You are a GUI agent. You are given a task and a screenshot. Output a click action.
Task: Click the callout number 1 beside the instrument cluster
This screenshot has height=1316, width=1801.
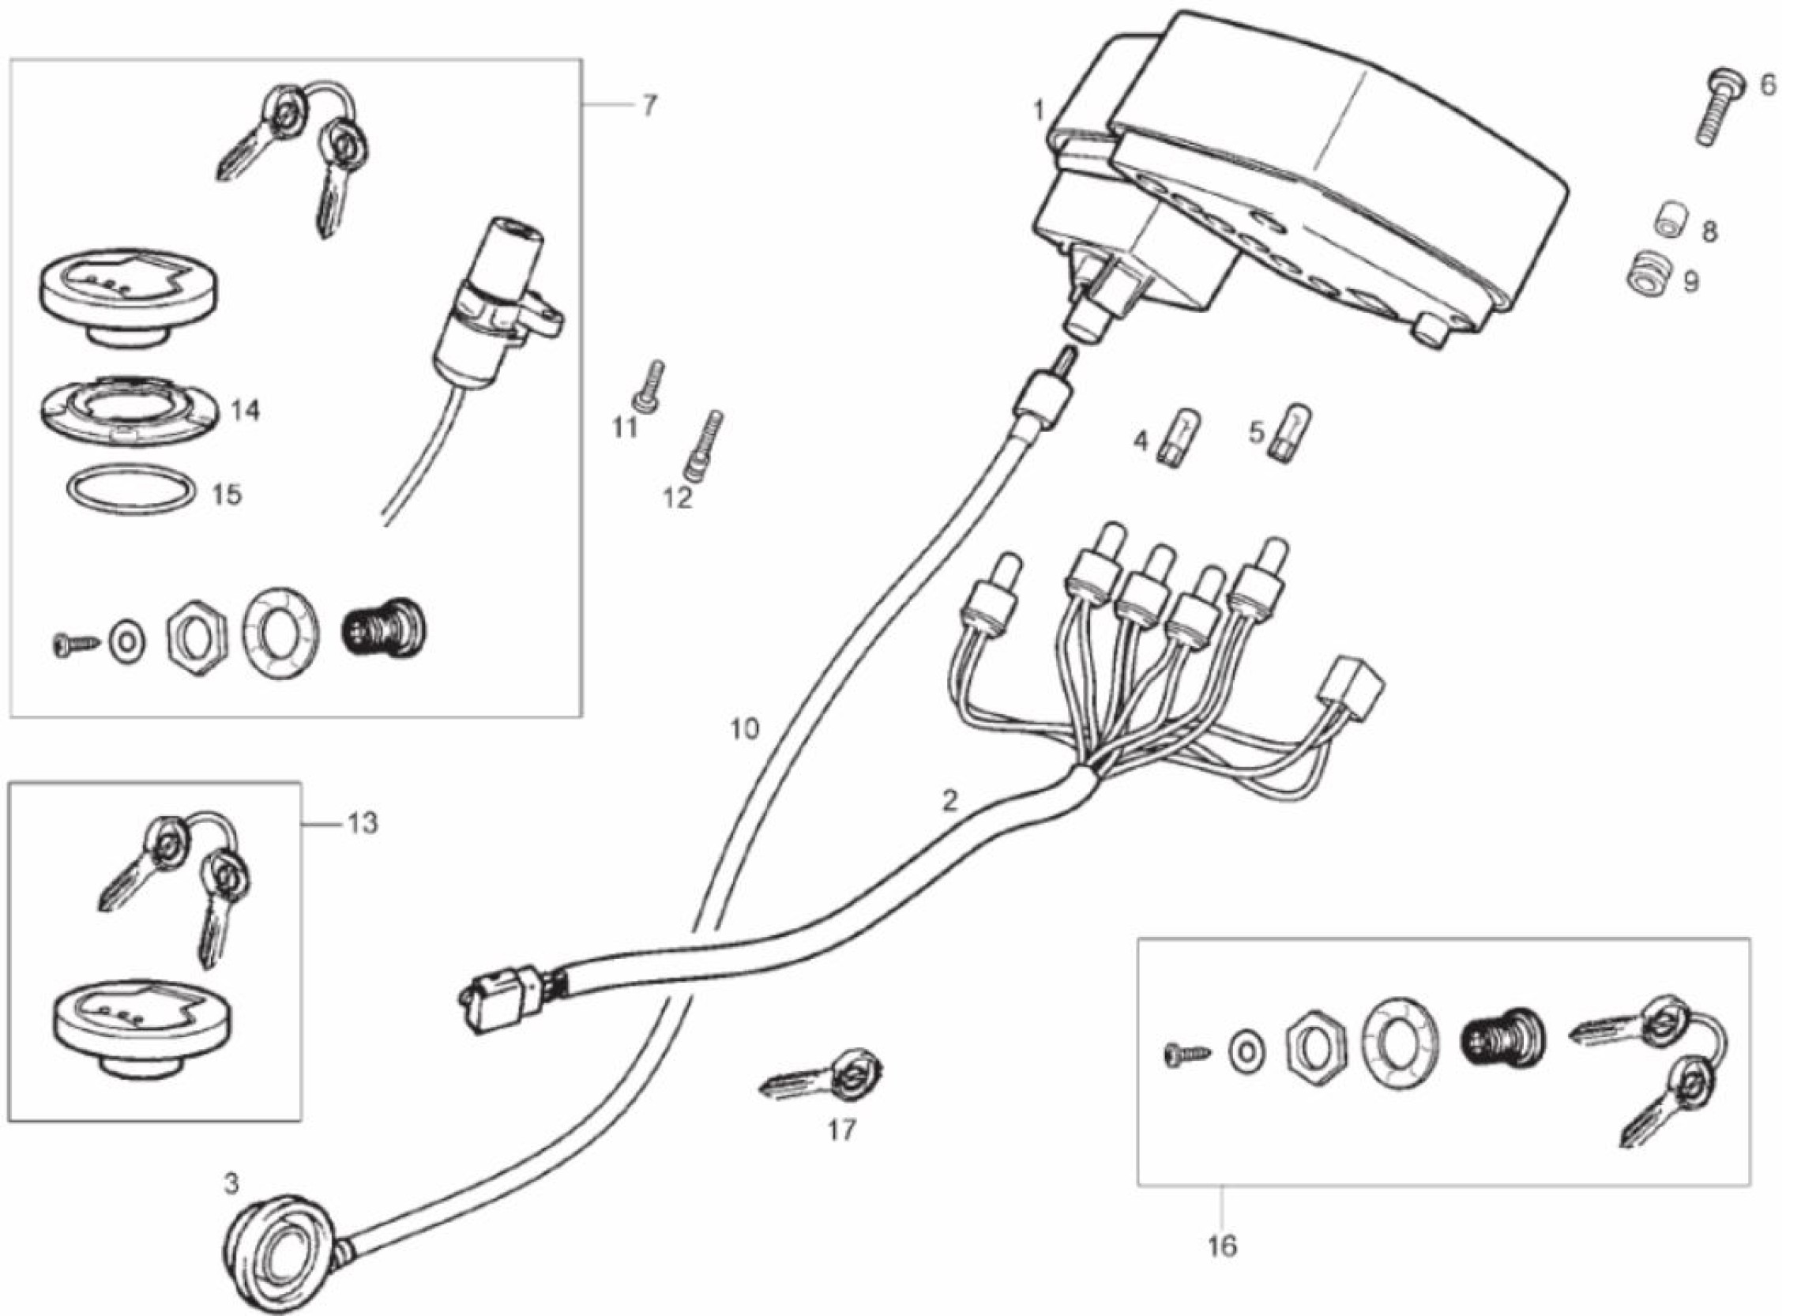1038,110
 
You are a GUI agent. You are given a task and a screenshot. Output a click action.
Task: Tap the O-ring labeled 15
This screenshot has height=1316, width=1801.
130,489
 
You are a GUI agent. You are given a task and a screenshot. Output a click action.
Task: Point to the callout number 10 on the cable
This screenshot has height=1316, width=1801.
745,728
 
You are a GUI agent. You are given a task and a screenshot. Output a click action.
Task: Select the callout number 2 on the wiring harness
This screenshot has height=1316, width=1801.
949,801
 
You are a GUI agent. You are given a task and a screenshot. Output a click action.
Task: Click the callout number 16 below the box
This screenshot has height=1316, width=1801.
1223,1245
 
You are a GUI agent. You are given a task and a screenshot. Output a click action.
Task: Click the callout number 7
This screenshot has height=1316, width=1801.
649,106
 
